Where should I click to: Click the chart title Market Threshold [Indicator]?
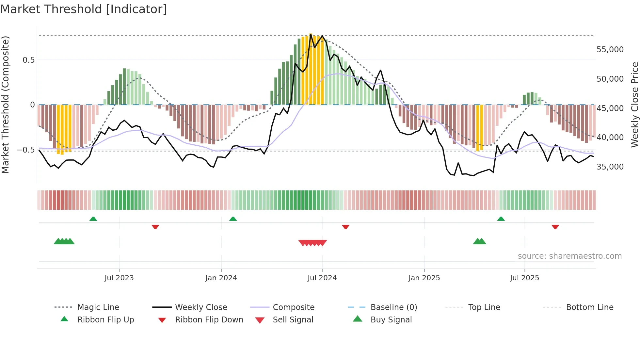(84, 9)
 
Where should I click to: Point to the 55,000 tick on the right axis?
(610, 50)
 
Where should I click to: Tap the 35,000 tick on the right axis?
(610, 167)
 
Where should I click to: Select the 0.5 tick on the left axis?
(28, 60)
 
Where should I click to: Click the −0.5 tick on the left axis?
(26, 150)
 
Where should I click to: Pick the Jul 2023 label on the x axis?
(119, 278)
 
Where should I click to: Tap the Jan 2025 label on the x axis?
(424, 278)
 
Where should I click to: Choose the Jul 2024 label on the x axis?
(322, 278)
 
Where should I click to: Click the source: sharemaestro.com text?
(569, 256)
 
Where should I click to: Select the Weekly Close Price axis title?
(634, 105)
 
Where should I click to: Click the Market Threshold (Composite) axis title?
(5, 105)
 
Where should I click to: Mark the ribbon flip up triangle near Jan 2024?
(233, 219)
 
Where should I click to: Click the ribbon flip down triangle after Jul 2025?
(555, 227)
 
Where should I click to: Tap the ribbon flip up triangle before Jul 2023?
(93, 219)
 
